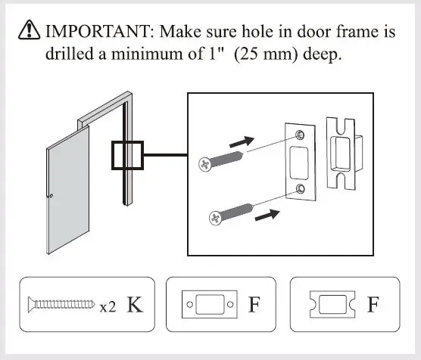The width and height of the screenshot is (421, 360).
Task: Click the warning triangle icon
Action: coord(28,32)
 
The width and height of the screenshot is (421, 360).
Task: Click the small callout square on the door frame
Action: coord(126,157)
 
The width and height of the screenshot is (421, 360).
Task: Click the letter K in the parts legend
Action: coord(134,305)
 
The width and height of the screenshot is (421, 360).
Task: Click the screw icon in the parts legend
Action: coord(61,306)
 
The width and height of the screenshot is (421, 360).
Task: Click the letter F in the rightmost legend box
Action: coord(373,305)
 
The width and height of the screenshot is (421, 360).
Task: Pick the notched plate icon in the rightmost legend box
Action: coord(329,306)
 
